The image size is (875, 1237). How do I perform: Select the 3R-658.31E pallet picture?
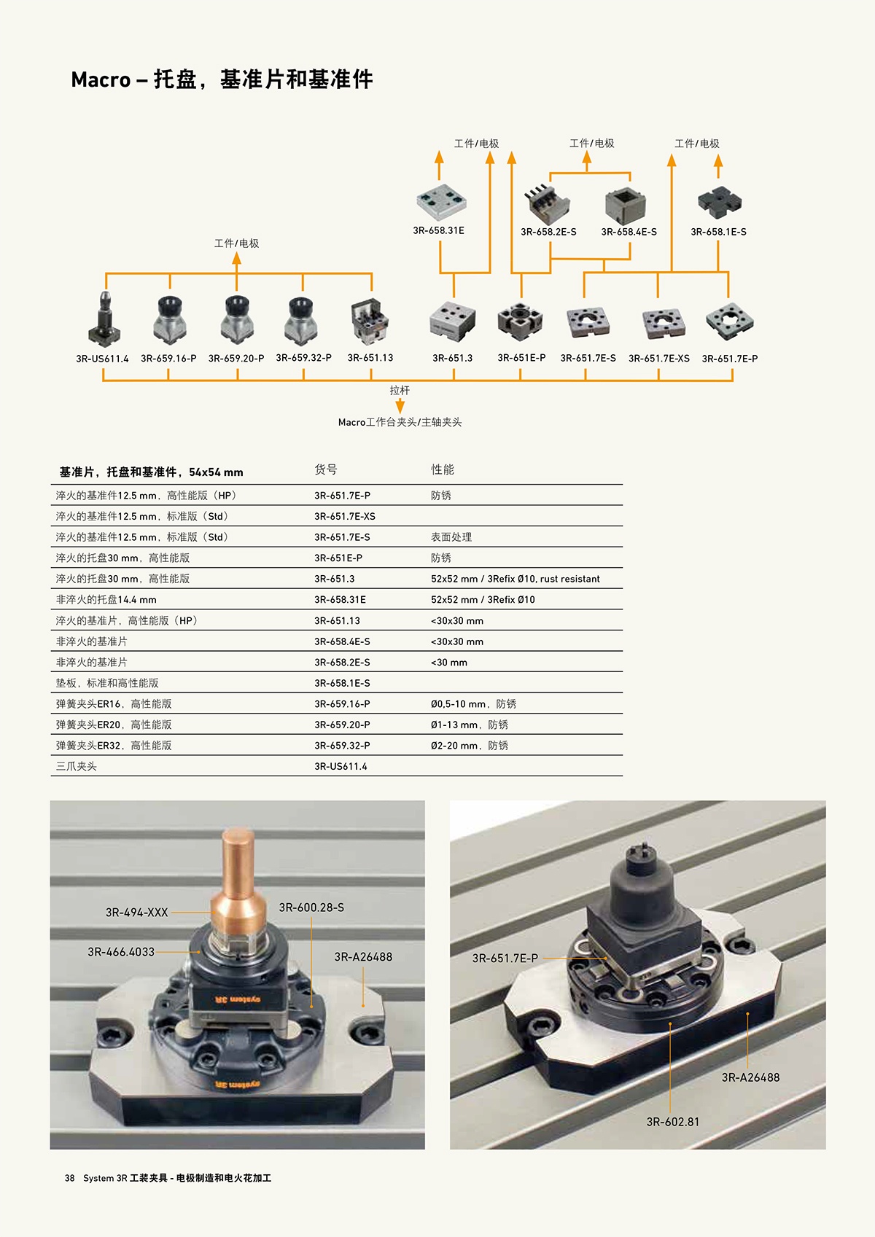[441, 202]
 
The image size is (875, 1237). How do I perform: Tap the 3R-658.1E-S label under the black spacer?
[718, 232]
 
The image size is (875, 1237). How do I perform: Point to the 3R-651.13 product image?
[370, 321]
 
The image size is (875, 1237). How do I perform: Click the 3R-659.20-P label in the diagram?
[236, 359]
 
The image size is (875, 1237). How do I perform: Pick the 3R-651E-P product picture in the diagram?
[520, 322]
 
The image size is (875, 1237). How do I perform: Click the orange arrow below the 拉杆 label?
[400, 407]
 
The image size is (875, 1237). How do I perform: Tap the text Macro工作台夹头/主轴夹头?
[400, 423]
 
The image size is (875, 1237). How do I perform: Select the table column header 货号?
[325, 470]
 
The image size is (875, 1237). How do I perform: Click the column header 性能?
[443, 470]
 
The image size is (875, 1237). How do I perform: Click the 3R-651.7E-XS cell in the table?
[345, 516]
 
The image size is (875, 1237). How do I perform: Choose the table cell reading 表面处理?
[451, 537]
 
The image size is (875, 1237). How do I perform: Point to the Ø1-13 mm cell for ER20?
[470, 725]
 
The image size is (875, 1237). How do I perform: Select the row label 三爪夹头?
[77, 767]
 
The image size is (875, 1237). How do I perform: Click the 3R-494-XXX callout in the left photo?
[136, 913]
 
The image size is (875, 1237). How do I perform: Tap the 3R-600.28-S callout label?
[311, 908]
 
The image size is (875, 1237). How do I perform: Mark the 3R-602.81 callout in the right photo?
[673, 1122]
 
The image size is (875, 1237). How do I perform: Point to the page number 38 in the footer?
[69, 1178]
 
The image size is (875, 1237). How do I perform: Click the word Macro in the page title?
[101, 80]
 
